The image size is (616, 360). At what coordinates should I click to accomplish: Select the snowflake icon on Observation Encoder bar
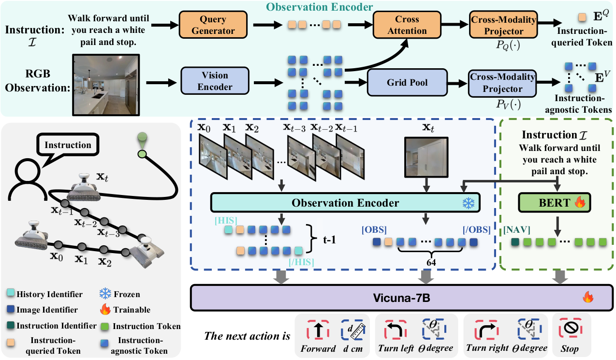pyautogui.click(x=469, y=203)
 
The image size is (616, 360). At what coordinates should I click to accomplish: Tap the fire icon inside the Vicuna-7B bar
pyautogui.click(x=588, y=297)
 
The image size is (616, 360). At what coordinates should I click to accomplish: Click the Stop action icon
pyautogui.click(x=572, y=330)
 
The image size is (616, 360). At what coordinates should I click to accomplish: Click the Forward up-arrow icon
pyautogui.click(x=318, y=330)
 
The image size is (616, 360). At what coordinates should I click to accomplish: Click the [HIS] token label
pyautogui.click(x=225, y=221)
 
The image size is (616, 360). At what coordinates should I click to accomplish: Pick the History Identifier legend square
pyautogui.click(x=11, y=294)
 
